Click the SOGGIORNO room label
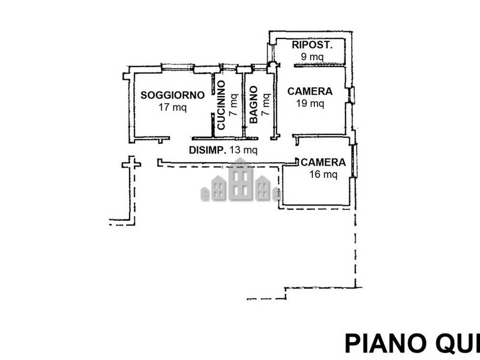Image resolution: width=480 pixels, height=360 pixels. [173, 95]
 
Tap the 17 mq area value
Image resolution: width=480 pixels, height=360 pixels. [173, 107]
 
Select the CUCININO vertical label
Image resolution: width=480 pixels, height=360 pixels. [221, 105]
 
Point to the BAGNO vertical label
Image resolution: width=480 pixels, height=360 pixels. [253, 104]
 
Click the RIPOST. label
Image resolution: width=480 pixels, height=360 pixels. [312, 44]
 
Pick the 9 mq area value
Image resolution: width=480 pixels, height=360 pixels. [312, 56]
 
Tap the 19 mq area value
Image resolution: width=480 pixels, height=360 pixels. [310, 103]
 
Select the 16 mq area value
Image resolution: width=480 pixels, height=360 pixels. [323, 175]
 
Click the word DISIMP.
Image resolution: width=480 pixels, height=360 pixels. [208, 151]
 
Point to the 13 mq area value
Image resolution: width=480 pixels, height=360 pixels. [244, 151]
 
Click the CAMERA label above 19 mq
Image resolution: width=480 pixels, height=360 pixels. [310, 91]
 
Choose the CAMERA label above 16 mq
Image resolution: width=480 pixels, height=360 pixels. [323, 162]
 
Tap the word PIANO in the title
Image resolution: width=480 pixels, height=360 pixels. [384, 344]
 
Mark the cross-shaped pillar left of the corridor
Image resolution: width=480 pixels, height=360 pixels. [131, 164]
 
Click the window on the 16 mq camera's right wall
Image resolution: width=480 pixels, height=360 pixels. [354, 160]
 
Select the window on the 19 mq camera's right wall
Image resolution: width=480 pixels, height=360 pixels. [352, 95]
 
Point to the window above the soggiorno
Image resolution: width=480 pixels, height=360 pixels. [178, 67]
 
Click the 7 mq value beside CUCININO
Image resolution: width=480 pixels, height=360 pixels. [234, 105]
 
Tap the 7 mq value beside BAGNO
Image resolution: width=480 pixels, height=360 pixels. [266, 104]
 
